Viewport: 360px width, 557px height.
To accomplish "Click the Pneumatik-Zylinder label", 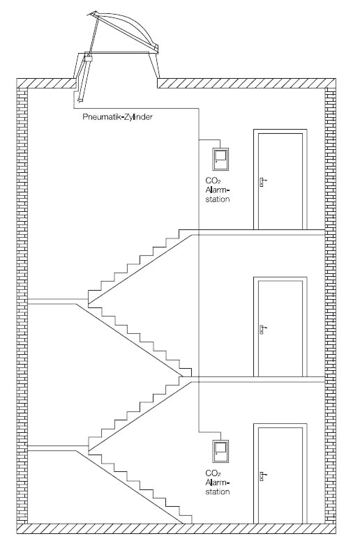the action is point(117,117).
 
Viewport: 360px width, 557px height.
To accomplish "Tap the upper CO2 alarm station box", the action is point(220,159).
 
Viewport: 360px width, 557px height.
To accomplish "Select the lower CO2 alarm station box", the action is point(220,452).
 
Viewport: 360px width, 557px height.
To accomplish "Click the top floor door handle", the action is point(262,182).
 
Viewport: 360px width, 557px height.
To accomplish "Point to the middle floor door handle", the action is point(262,329).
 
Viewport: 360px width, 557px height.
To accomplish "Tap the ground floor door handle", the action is point(262,475).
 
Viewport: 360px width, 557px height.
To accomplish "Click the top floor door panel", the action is point(280,181).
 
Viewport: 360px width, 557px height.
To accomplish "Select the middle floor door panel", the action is point(280,328).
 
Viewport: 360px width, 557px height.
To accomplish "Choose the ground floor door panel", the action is point(280,475).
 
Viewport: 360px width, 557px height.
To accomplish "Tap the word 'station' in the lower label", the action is point(218,492).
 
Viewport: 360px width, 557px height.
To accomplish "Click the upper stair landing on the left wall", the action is point(58,302).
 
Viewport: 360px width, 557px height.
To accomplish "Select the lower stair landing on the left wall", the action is point(58,448).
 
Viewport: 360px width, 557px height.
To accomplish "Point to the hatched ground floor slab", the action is point(177,528).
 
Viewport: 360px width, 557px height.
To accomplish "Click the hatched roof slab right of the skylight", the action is point(247,83).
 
